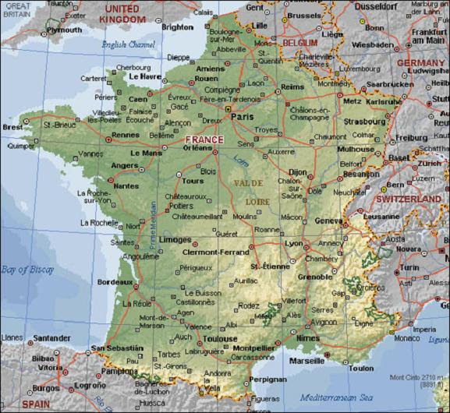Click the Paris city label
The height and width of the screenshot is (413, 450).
(244, 118)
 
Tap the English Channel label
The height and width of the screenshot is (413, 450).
(129, 44)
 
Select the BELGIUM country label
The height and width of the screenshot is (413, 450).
(299, 42)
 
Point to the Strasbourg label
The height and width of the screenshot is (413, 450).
(364, 122)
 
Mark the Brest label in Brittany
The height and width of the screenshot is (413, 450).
(12, 126)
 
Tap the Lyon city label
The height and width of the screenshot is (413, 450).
(294, 243)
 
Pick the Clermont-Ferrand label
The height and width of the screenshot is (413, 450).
(214, 252)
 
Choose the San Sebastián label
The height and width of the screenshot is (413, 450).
(117, 348)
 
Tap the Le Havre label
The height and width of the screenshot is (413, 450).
(144, 76)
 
